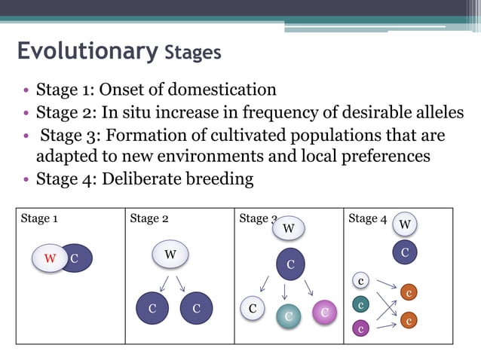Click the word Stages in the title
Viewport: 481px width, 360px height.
pyautogui.click(x=191, y=53)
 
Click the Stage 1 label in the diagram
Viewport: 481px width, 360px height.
pyautogui.click(x=39, y=218)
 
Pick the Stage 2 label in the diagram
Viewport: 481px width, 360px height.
pyautogui.click(x=149, y=218)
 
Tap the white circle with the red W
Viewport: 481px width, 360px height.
pyautogui.click(x=50, y=258)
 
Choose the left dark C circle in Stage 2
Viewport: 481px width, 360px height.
pyautogui.click(x=152, y=308)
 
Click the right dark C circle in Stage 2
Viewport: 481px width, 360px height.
pyautogui.click(x=196, y=308)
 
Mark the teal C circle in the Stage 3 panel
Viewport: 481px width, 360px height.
pyautogui.click(x=288, y=317)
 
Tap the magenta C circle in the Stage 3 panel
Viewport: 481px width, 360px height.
pyautogui.click(x=324, y=312)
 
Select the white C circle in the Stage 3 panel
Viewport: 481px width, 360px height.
pyautogui.click(x=253, y=308)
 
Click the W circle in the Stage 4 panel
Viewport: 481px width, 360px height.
pyautogui.click(x=405, y=224)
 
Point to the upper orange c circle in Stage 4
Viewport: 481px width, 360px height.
pyautogui.click(x=409, y=291)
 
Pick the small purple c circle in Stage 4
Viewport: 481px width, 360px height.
pyautogui.click(x=361, y=328)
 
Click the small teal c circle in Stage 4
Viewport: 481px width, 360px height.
pyautogui.click(x=361, y=305)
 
